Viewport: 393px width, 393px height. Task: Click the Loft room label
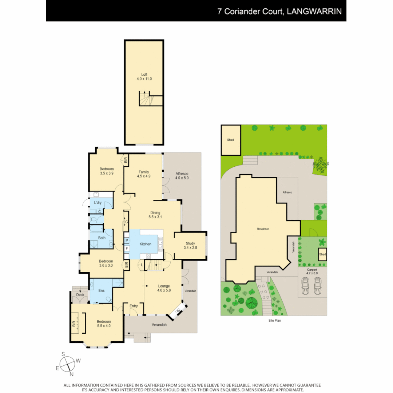tap(144, 74)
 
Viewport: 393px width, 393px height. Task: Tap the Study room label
tap(190, 243)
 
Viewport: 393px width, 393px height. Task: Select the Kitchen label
tap(145, 244)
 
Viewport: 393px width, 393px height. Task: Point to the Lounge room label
tap(164, 286)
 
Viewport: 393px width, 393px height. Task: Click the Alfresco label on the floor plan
tap(182, 174)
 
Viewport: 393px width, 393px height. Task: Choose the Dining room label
tap(155, 213)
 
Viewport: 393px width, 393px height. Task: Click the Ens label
tap(102, 291)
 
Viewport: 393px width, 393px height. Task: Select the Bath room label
tap(102, 238)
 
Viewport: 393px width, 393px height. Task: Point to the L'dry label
tap(98, 202)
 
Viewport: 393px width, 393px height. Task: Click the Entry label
tap(134, 306)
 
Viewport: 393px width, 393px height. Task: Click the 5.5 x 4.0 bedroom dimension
tap(104, 326)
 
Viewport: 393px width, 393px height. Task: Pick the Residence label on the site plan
tap(263, 229)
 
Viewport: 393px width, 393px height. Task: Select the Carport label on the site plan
tap(312, 270)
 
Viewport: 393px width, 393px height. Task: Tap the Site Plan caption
tap(275, 321)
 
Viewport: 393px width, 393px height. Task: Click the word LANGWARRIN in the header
tap(314, 11)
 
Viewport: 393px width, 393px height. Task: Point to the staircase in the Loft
tap(144, 99)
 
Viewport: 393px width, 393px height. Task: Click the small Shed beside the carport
tap(322, 254)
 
